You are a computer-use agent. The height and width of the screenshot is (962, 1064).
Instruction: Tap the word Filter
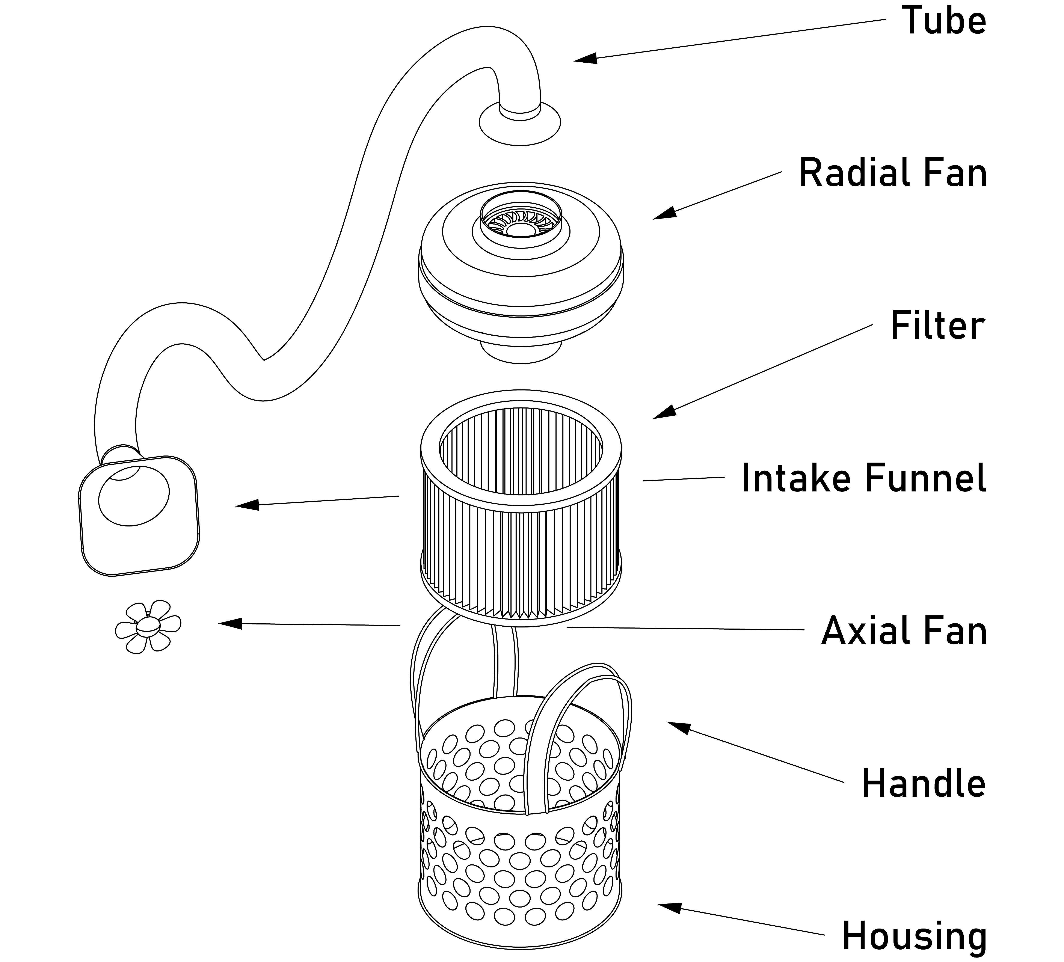coord(937,326)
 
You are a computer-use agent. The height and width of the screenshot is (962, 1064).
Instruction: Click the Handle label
coord(924,783)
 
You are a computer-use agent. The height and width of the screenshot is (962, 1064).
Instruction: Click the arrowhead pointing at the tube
coord(585,58)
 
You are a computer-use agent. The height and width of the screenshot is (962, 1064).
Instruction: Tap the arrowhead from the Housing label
coord(669,907)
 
